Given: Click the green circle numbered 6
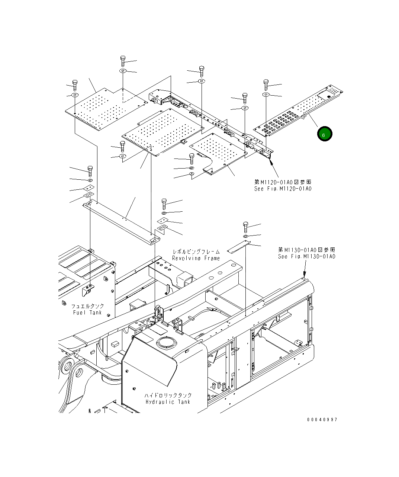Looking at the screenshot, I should pyautogui.click(x=324, y=134).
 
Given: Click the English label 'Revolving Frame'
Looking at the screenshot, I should pyautogui.click(x=196, y=258).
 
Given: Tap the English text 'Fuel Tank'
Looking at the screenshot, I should pyautogui.click(x=88, y=313).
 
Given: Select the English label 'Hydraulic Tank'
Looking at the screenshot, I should pyautogui.click(x=168, y=402).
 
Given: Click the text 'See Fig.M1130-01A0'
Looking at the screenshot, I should pyautogui.click(x=307, y=257).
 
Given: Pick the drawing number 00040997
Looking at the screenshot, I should pyautogui.click(x=322, y=420).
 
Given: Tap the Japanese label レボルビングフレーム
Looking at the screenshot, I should pyautogui.click(x=196, y=252).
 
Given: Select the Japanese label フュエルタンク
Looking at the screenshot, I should pyautogui.click(x=88, y=306).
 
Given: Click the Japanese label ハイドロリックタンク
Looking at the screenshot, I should pyautogui.click(x=168, y=395).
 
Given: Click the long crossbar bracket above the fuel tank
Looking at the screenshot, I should pyautogui.click(x=123, y=221).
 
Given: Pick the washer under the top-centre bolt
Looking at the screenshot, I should pyautogui.click(x=201, y=81).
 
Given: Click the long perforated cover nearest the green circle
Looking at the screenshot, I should pyautogui.click(x=297, y=112).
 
